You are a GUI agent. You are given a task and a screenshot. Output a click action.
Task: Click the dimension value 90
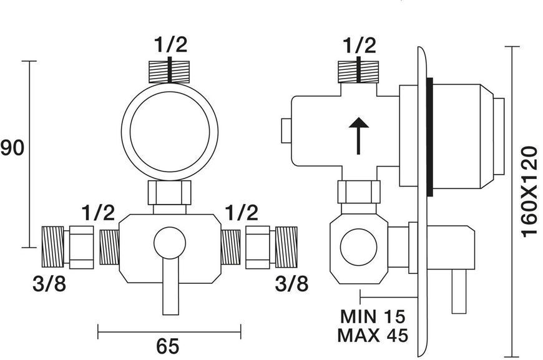(x=12, y=148)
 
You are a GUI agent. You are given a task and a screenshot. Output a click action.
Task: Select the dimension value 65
(x=168, y=346)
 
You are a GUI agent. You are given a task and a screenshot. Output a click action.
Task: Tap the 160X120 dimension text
(x=529, y=192)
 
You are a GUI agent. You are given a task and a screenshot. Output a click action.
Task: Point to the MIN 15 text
(x=373, y=316)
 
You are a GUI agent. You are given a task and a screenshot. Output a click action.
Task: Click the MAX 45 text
(x=373, y=335)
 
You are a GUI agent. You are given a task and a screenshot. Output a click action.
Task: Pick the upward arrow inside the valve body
(x=358, y=135)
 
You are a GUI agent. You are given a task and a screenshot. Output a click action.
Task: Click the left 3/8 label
(x=49, y=284)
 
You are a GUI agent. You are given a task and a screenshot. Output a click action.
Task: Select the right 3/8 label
(x=291, y=284)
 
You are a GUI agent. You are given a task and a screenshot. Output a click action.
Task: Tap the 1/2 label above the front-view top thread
(x=171, y=44)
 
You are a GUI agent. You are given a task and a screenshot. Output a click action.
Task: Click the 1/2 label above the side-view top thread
(x=360, y=46)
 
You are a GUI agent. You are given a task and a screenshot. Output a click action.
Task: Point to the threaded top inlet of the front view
(x=169, y=72)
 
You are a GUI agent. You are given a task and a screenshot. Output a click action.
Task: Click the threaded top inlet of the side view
(x=358, y=72)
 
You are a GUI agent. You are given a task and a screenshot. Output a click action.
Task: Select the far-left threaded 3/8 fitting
(x=52, y=247)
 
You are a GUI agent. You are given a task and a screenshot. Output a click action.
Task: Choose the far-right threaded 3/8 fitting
(x=286, y=247)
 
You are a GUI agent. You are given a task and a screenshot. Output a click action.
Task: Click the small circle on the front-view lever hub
(x=170, y=243)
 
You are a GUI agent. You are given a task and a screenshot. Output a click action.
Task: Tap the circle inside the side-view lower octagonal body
(x=358, y=247)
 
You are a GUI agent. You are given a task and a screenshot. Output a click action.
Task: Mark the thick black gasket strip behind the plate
(x=430, y=137)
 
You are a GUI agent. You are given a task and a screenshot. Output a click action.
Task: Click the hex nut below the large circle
(x=170, y=192)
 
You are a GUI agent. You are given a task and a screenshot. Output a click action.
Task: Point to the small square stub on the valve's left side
(x=286, y=130)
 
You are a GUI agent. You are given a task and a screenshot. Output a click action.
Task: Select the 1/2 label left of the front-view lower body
(x=98, y=213)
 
